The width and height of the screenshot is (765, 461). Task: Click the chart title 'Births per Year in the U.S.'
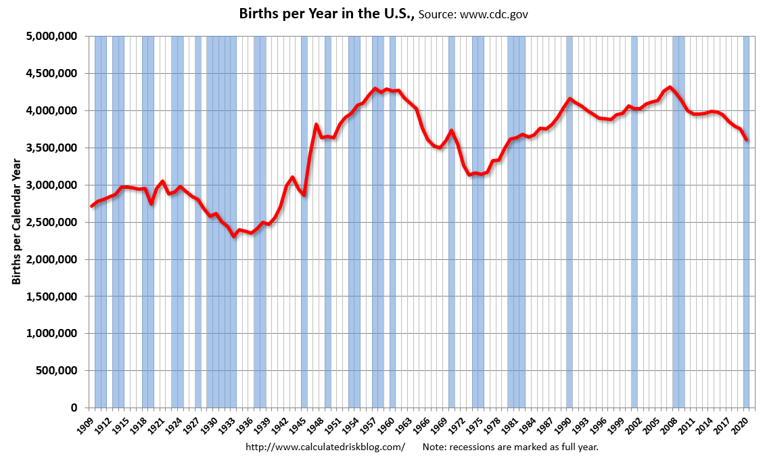(x=327, y=14)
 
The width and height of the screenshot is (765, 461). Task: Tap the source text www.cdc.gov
(x=494, y=15)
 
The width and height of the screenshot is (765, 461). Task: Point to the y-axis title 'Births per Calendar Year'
(x=17, y=221)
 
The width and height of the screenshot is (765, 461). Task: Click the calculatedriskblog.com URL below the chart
(x=325, y=447)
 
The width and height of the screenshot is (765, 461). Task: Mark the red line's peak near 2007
(x=670, y=87)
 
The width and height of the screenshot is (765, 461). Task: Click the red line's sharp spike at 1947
(x=316, y=125)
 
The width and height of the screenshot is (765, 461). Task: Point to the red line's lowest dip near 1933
(x=234, y=236)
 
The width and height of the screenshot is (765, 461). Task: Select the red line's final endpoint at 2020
(x=747, y=140)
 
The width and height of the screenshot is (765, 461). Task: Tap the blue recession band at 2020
(x=747, y=222)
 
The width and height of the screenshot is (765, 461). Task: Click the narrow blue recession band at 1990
(x=570, y=222)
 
